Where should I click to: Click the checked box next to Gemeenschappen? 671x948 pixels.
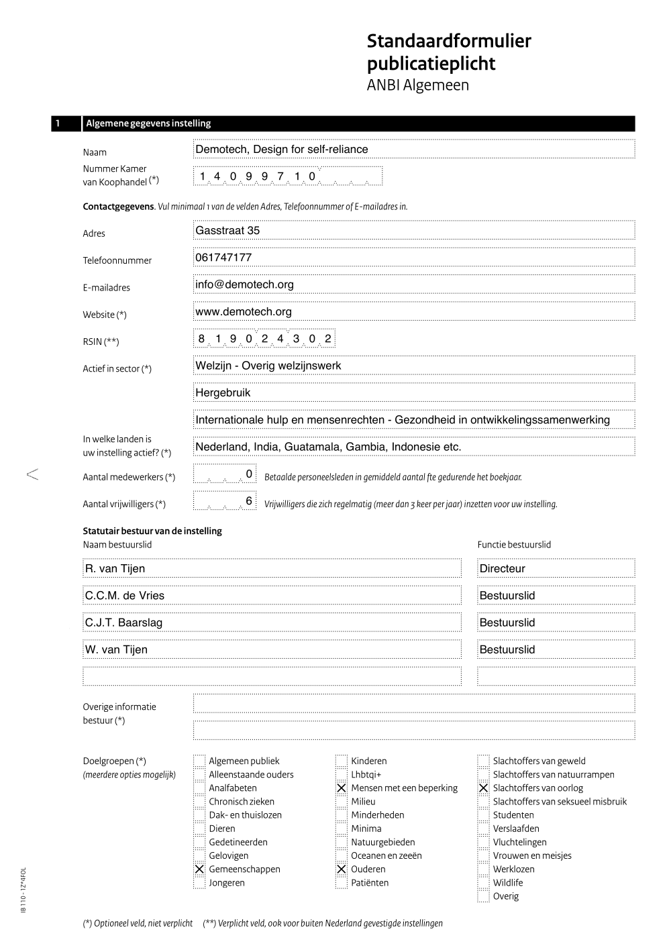point(199,869)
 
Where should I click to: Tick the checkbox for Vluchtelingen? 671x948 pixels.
point(483,842)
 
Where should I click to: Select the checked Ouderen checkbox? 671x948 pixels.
point(342,869)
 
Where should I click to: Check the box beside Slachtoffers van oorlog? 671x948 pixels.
point(483,788)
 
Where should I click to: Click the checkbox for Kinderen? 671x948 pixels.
point(342,761)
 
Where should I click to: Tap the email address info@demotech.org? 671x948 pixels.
point(244,284)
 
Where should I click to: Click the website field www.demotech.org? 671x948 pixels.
point(243,311)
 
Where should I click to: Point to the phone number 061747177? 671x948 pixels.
point(223,258)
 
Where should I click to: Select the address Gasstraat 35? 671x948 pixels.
point(227,230)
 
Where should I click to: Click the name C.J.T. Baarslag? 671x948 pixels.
point(123,623)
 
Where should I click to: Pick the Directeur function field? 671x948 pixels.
point(502,568)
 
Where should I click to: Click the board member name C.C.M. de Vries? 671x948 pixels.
point(124,596)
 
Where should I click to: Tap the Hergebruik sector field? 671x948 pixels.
point(223,392)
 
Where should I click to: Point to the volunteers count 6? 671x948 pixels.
point(249,501)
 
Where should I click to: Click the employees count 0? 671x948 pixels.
point(249,474)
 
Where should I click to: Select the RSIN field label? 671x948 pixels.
point(101,341)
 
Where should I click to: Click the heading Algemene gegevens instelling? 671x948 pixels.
point(148,123)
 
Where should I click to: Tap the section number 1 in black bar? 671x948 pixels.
point(58,123)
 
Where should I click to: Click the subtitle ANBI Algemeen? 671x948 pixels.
point(417,85)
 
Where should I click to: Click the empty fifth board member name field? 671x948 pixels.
point(272,676)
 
